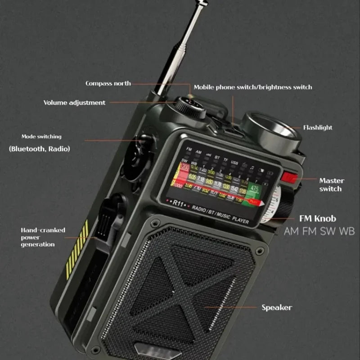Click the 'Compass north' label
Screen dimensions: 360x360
pyautogui.click(x=108, y=83)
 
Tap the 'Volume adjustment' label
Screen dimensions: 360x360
pyautogui.click(x=74, y=103)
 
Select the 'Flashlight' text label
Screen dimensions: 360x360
pyautogui.click(x=317, y=127)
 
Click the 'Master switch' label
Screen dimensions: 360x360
pyautogui.click(x=331, y=184)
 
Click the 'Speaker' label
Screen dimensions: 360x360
pyautogui.click(x=276, y=308)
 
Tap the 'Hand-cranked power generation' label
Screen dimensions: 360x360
pyautogui.click(x=43, y=237)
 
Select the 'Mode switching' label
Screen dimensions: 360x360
pyautogui.click(x=41, y=136)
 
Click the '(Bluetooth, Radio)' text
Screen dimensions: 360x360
pyautogui.click(x=40, y=148)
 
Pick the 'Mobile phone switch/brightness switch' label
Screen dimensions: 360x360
pyautogui.click(x=252, y=87)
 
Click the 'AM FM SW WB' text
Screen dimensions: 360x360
pyautogui.click(x=319, y=231)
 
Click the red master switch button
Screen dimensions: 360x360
pyautogui.click(x=289, y=178)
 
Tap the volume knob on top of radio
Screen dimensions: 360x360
pyautogui.click(x=190, y=107)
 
